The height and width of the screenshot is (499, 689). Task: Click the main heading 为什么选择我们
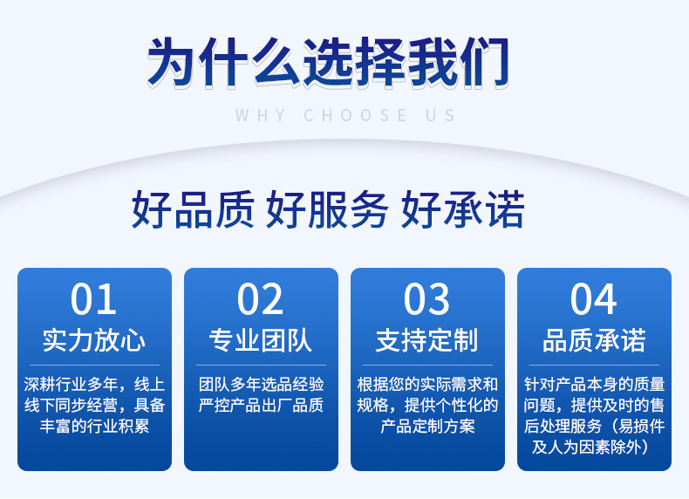tap(328, 63)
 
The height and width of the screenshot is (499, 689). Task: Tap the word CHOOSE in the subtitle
tap(356, 116)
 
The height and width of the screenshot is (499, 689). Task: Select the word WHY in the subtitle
tap(261, 116)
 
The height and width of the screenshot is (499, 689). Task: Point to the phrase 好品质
tap(193, 209)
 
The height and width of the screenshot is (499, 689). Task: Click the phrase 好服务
tap(327, 209)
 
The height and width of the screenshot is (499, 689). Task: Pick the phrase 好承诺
tap(463, 209)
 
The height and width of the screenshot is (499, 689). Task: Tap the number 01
tap(93, 299)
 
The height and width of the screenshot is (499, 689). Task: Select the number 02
tap(260, 299)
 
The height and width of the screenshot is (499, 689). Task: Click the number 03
tap(426, 299)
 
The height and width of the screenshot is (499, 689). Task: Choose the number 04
tap(594, 299)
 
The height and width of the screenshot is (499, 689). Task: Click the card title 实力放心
tap(94, 340)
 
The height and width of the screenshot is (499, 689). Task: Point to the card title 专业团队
tap(261, 340)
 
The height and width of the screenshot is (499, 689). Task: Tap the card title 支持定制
tap(427, 340)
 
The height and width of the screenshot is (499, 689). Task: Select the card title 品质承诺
tap(594, 340)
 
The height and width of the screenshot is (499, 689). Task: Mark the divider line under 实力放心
tap(94, 365)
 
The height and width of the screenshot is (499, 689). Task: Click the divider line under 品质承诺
tap(594, 365)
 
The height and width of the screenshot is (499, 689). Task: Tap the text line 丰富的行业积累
tap(94, 426)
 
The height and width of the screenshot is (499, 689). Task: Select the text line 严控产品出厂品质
tap(261, 405)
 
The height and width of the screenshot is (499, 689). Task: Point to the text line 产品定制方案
tap(427, 426)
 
